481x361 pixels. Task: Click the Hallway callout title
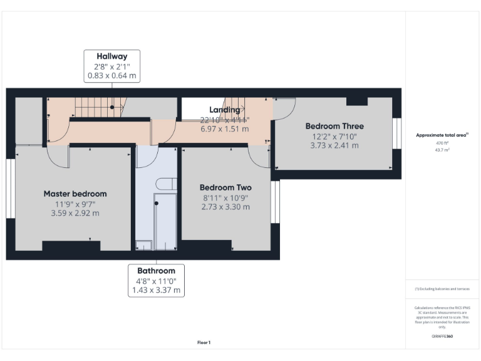tap(112, 56)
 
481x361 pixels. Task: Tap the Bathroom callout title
tap(157, 271)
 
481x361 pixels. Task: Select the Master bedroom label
tap(75, 194)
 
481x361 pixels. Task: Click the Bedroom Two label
tap(225, 187)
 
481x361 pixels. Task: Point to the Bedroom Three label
tap(334, 126)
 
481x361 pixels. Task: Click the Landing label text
tap(224, 110)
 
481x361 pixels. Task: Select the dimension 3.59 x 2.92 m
tap(75, 213)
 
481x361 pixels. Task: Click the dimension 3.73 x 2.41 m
tap(334, 145)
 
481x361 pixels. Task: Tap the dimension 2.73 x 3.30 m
tap(225, 207)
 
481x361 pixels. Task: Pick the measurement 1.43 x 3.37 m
tap(157, 290)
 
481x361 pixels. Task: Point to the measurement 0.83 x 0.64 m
tap(112, 76)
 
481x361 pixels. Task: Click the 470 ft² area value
tap(442, 143)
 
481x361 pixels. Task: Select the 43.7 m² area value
tap(442, 150)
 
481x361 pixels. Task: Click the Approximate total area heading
tap(442, 135)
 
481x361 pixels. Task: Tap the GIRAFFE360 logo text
tap(442, 337)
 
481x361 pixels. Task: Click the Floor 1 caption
tap(204, 342)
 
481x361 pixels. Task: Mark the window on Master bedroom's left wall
tap(10, 189)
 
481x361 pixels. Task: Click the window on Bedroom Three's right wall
tap(396, 133)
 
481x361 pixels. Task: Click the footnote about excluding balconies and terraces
tap(442, 288)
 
